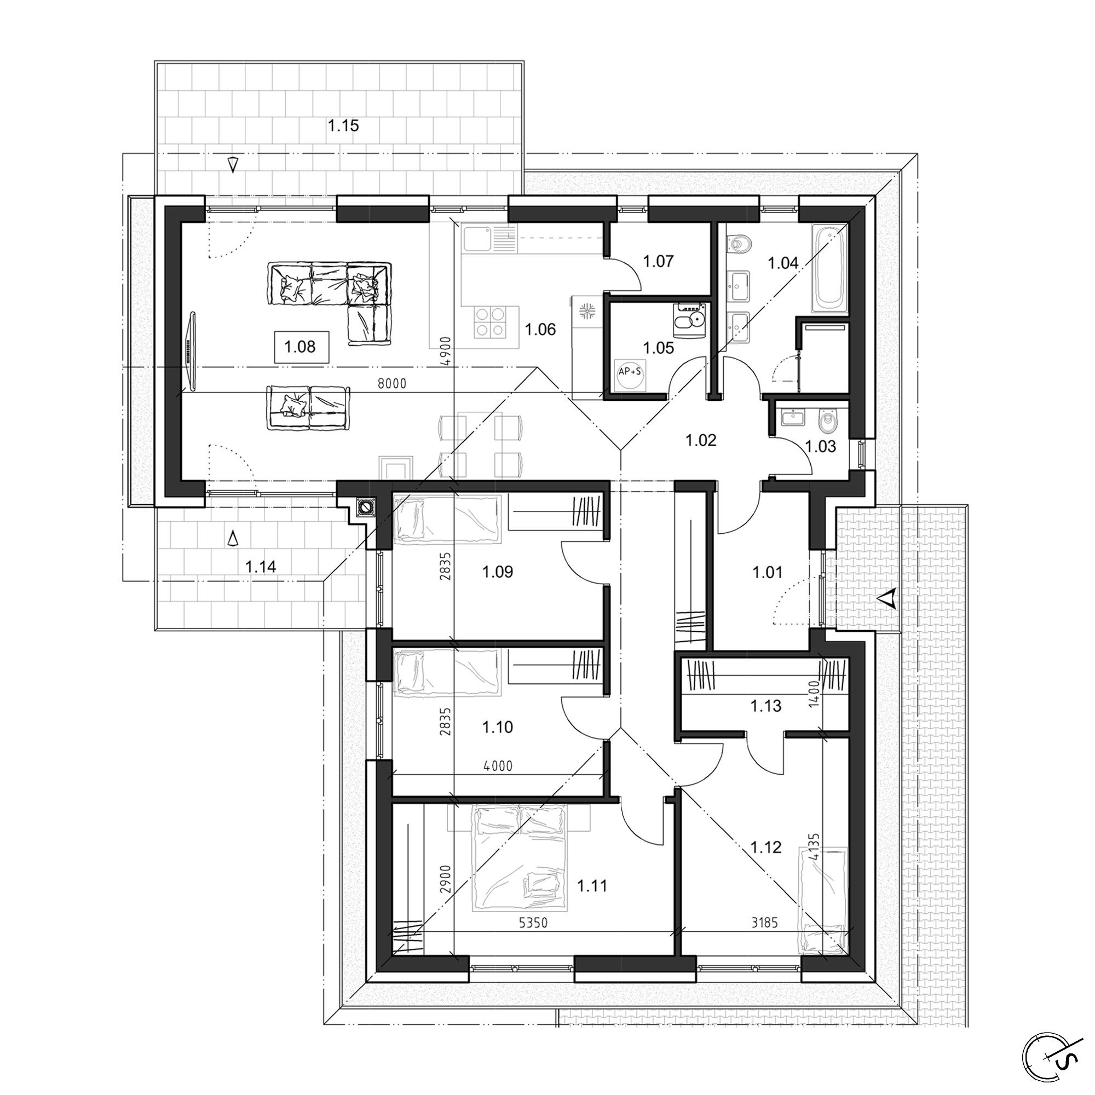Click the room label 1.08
point(301,347)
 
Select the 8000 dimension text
point(392,384)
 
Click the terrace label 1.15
point(343,125)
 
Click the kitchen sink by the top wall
point(489,239)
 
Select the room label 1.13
point(766,706)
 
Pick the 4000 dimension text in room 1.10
point(498,766)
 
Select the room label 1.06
point(540,329)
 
